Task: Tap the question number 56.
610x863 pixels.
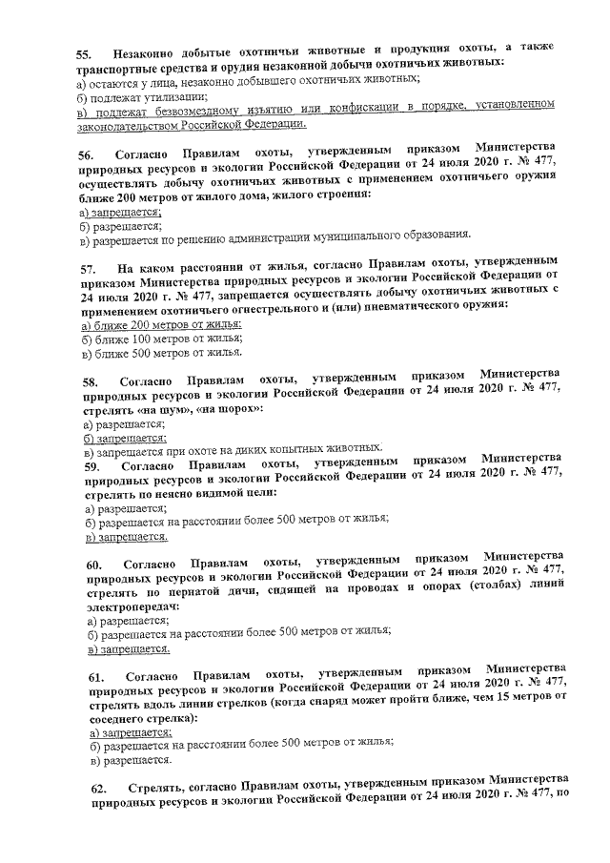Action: click(x=85, y=155)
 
